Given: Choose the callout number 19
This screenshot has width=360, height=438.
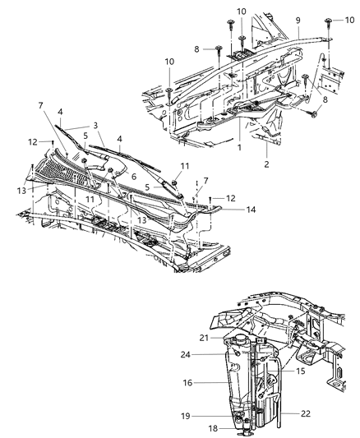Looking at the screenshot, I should pyautogui.click(x=185, y=415).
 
